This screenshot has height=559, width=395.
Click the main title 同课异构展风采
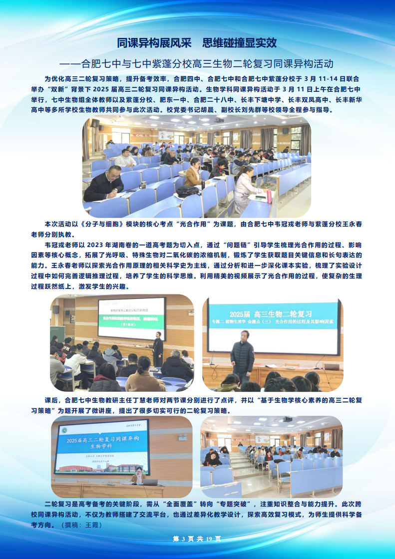pyautogui.click(x=152, y=43)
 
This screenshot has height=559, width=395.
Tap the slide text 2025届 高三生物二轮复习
pyautogui.click(x=270, y=314)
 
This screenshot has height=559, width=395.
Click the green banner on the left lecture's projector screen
pyautogui.click(x=132, y=317)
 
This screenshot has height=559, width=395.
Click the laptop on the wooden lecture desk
pyautogui.click(x=150, y=482)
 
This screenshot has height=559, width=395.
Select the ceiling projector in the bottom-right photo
pyautogui.click(x=287, y=419)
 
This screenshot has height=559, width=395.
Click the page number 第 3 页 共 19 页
pyautogui.click(x=196, y=539)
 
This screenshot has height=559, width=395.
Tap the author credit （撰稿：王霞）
pyautogui.click(x=80, y=525)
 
